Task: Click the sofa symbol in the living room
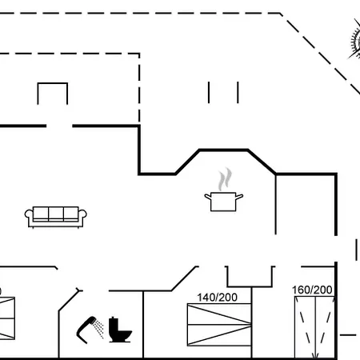click(56, 218)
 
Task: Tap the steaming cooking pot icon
click(224, 190)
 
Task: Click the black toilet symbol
click(120, 330)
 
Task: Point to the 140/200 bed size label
click(217, 298)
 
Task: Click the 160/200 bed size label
click(312, 290)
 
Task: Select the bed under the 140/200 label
click(219, 325)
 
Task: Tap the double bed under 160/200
click(314, 327)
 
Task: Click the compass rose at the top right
click(355, 40)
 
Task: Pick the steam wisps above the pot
click(225, 178)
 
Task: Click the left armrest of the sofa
click(29, 216)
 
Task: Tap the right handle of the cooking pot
click(239, 197)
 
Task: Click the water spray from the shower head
click(99, 329)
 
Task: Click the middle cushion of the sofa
click(56, 214)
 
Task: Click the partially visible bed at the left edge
click(7, 318)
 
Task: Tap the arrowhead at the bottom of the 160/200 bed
click(315, 356)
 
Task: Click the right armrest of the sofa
click(82, 216)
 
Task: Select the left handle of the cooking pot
click(208, 197)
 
